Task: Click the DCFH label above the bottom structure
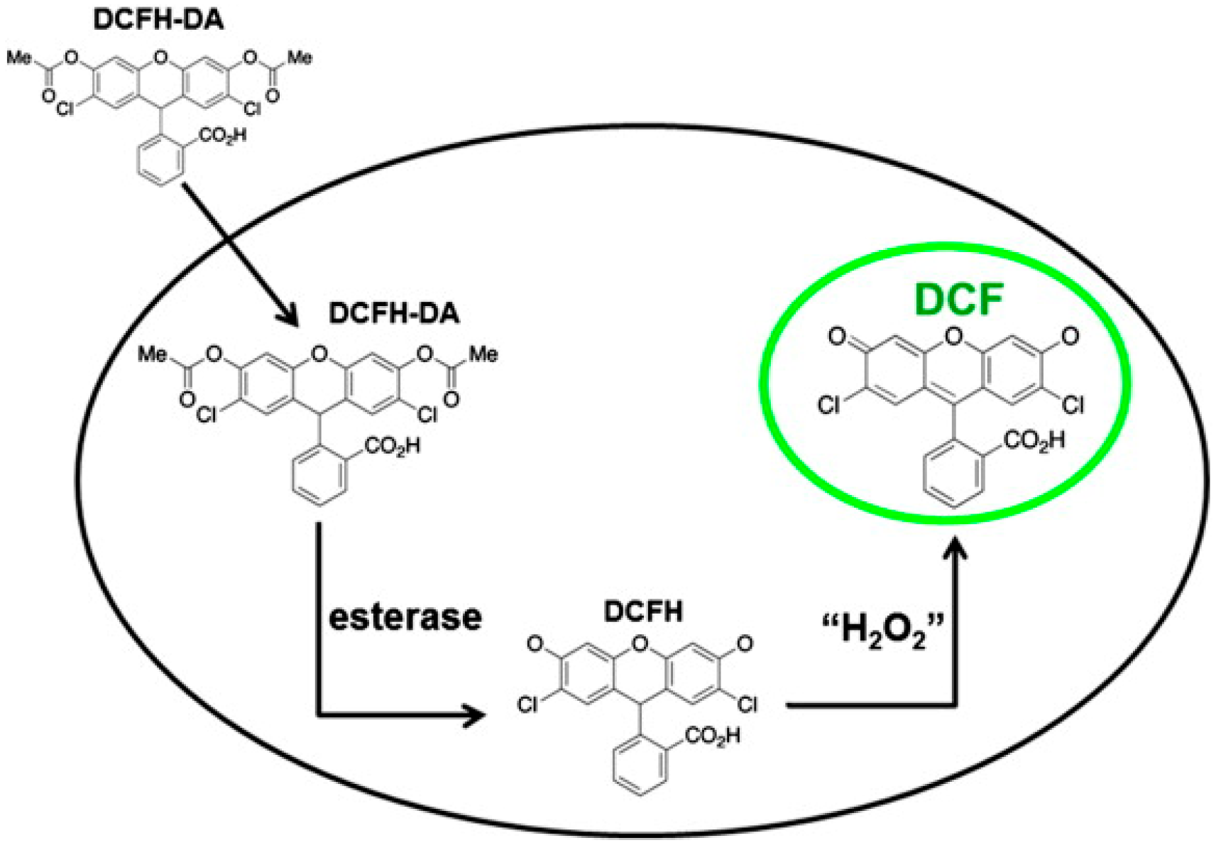pyautogui.click(x=642, y=611)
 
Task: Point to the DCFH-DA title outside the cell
pyautogui.click(x=158, y=20)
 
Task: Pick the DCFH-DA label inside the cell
pyautogui.click(x=393, y=313)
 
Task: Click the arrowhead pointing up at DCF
pyautogui.click(x=956, y=550)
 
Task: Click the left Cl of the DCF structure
pyautogui.click(x=828, y=405)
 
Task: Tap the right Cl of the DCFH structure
pyautogui.click(x=747, y=704)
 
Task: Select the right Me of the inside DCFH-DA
pyautogui.click(x=483, y=354)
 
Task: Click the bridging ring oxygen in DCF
pyautogui.click(x=953, y=334)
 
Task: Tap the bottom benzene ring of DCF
pyautogui.click(x=953, y=476)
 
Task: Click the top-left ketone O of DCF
pyautogui.click(x=838, y=337)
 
